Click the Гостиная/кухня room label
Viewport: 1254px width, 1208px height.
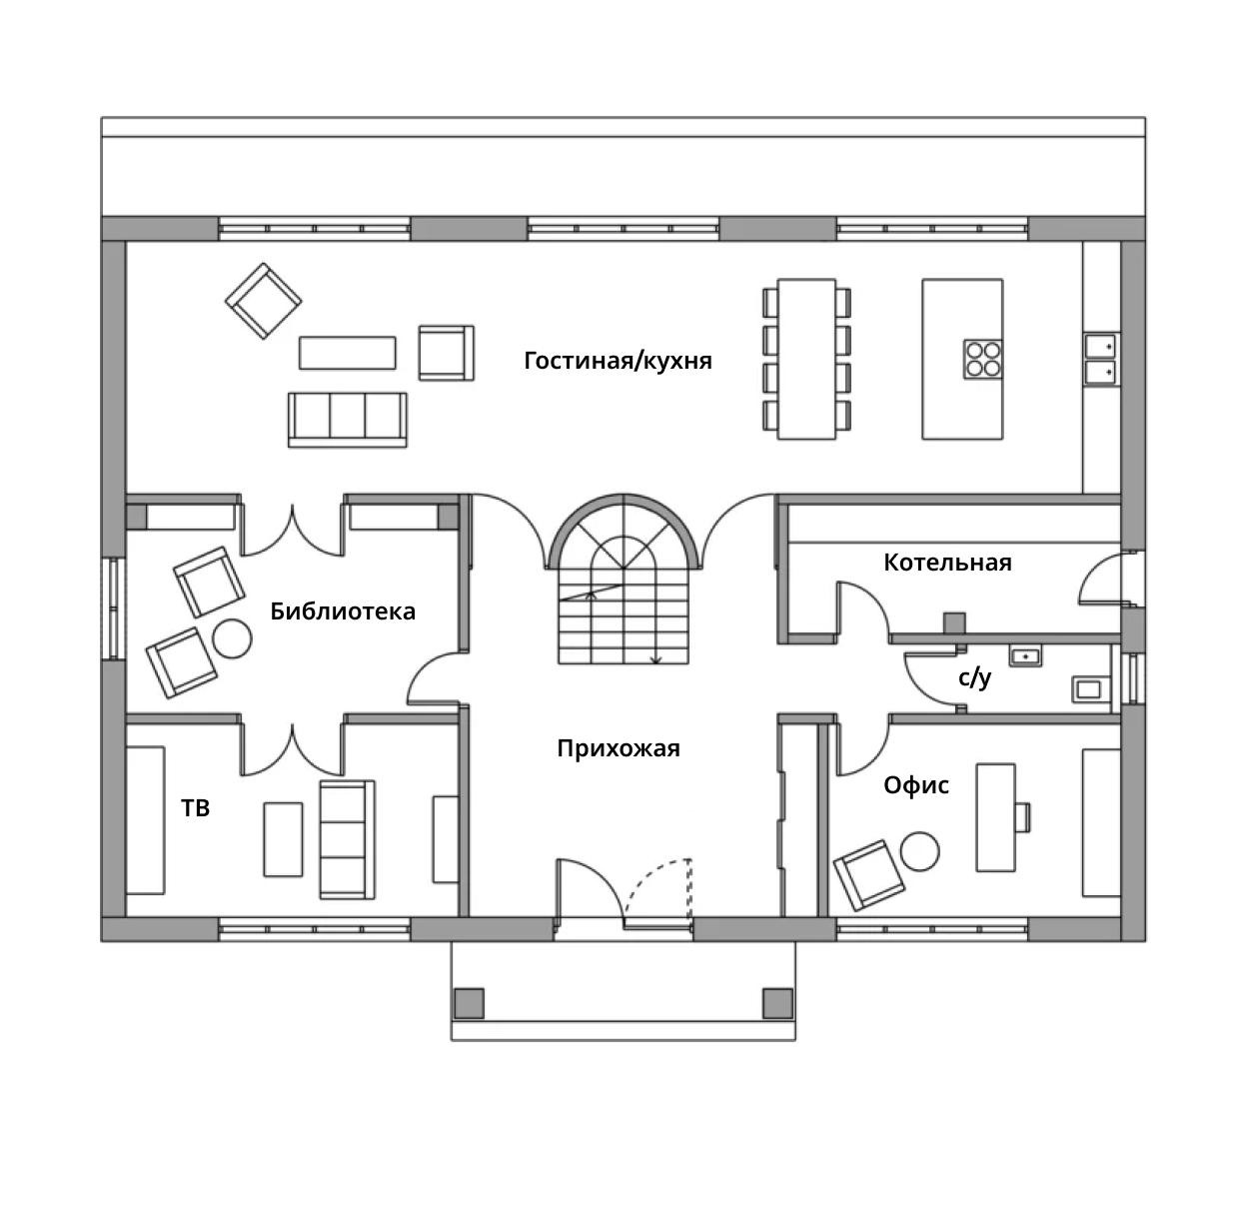tap(618, 361)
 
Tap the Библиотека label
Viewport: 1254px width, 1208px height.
tap(343, 610)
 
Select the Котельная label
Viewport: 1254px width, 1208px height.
tap(947, 563)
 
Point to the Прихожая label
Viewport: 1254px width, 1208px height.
tap(619, 748)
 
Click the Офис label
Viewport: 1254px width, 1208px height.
tap(915, 785)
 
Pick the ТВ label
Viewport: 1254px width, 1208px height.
tap(195, 808)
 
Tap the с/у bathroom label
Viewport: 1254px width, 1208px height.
tap(974, 677)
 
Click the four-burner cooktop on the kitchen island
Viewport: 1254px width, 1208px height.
tap(983, 359)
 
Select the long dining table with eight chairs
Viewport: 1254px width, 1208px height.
tap(806, 359)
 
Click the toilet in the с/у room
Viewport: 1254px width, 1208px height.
tap(1091, 689)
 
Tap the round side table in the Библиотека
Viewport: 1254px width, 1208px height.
tap(232, 638)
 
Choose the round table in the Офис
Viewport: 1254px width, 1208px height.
tap(919, 851)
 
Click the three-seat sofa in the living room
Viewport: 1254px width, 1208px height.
tap(348, 420)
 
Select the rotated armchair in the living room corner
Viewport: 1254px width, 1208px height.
tap(264, 301)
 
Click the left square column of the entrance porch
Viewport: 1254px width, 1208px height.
tap(469, 1003)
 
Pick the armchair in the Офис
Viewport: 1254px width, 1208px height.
tap(868, 875)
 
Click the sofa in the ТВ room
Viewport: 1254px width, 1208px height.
tap(348, 839)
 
